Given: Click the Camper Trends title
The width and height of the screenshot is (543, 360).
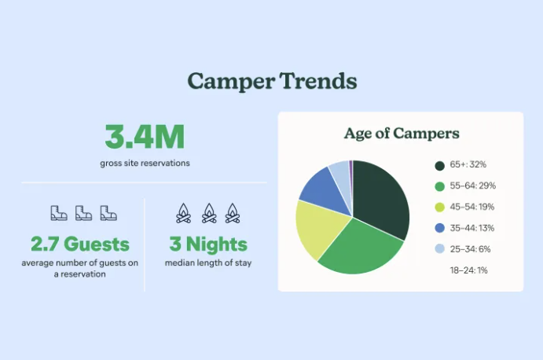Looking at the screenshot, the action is coord(272,82).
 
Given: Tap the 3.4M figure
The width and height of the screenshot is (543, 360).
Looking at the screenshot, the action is coord(145,138).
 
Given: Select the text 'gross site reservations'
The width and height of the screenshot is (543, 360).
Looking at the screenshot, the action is coord(145,163).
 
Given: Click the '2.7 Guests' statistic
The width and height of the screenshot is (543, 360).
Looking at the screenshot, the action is coord(80,244).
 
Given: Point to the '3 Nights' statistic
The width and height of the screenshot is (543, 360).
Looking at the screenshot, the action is coord(208,244).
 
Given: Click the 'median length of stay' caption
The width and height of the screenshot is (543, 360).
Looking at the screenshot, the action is coord(208,263).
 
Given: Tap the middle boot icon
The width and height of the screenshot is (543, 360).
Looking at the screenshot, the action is coord(84,213).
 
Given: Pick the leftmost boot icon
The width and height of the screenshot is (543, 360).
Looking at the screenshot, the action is coord(59,213).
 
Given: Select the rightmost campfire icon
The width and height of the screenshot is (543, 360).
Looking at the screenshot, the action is coord(233,213).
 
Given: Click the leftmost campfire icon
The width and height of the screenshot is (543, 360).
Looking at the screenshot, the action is coord(184,213).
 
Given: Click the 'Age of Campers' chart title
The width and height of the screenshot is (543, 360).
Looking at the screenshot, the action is coord(402,134).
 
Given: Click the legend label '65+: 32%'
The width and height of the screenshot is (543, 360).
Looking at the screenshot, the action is coord(468,164).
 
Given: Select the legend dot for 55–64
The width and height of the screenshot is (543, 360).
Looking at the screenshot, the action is coord(440,186).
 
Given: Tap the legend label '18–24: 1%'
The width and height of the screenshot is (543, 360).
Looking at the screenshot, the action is coord(469,270).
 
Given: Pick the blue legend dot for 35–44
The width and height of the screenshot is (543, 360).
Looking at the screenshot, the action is coord(440,228).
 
